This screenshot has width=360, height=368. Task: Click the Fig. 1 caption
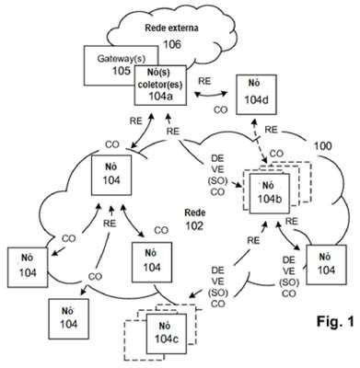tap(335, 321)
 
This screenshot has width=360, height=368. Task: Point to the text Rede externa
tap(171, 28)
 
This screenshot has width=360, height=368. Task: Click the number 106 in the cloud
tap(172, 44)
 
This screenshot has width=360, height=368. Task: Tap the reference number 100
tap(322, 145)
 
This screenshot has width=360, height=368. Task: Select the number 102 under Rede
tap(194, 225)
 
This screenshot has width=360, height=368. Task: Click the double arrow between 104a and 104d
tap(210, 96)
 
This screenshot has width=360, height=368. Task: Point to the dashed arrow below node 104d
tap(260, 141)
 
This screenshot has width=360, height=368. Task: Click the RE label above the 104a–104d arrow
tap(204, 81)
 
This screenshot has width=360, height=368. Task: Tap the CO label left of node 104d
tap(221, 109)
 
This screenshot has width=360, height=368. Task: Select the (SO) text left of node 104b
tap(217, 181)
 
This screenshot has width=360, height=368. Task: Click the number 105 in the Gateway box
tap(122, 71)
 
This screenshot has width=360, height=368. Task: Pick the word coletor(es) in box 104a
tap(160, 85)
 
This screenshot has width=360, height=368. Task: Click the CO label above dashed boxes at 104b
tap(276, 154)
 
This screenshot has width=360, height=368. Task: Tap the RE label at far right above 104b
tap(271, 130)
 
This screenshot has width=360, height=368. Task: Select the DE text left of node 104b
tap(217, 158)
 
